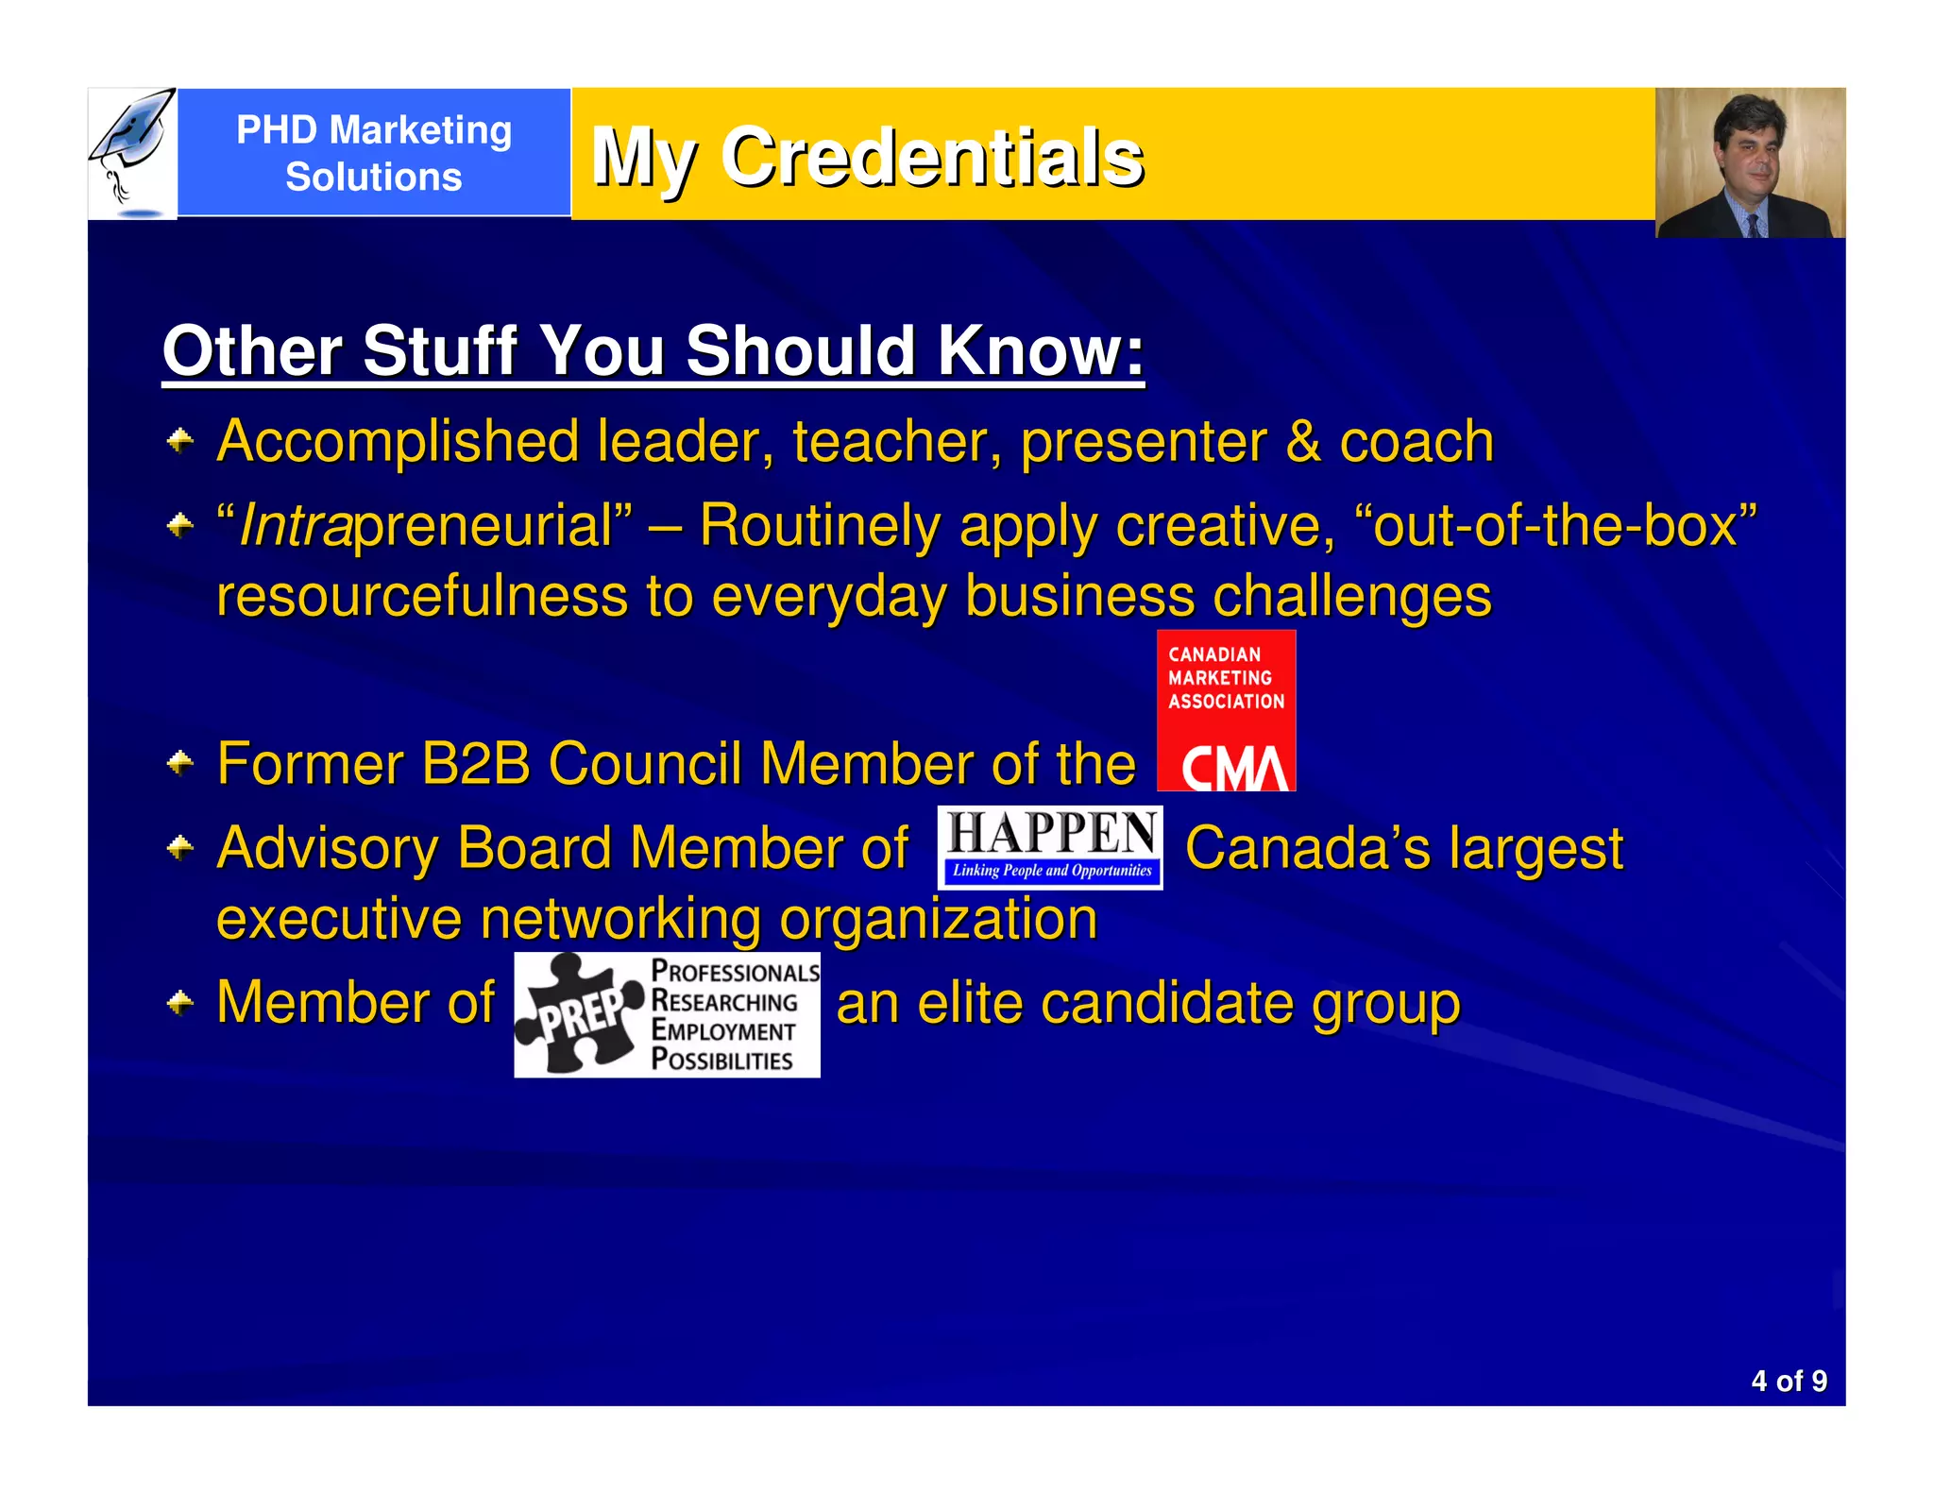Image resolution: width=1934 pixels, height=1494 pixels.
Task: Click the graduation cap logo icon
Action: pyautogui.click(x=132, y=151)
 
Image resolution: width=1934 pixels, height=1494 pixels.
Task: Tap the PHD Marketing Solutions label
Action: pyautogui.click(x=374, y=153)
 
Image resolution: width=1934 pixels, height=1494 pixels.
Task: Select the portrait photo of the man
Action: pyautogui.click(x=1750, y=162)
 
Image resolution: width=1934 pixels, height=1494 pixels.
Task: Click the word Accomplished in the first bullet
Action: pyautogui.click(x=398, y=442)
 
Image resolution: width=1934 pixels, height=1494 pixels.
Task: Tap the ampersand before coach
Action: pyautogui.click(x=1302, y=442)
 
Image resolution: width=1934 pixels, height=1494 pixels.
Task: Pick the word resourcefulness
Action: pyautogui.click(x=422, y=597)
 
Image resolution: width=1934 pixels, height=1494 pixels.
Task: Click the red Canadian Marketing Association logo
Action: pyautogui.click(x=1226, y=710)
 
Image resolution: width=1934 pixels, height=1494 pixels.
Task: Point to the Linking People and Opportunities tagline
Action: pyautogui.click(x=1051, y=871)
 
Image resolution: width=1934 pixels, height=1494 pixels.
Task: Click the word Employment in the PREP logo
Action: pyautogui.click(x=723, y=1030)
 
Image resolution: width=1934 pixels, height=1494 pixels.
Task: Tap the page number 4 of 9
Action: pyautogui.click(x=1789, y=1381)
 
